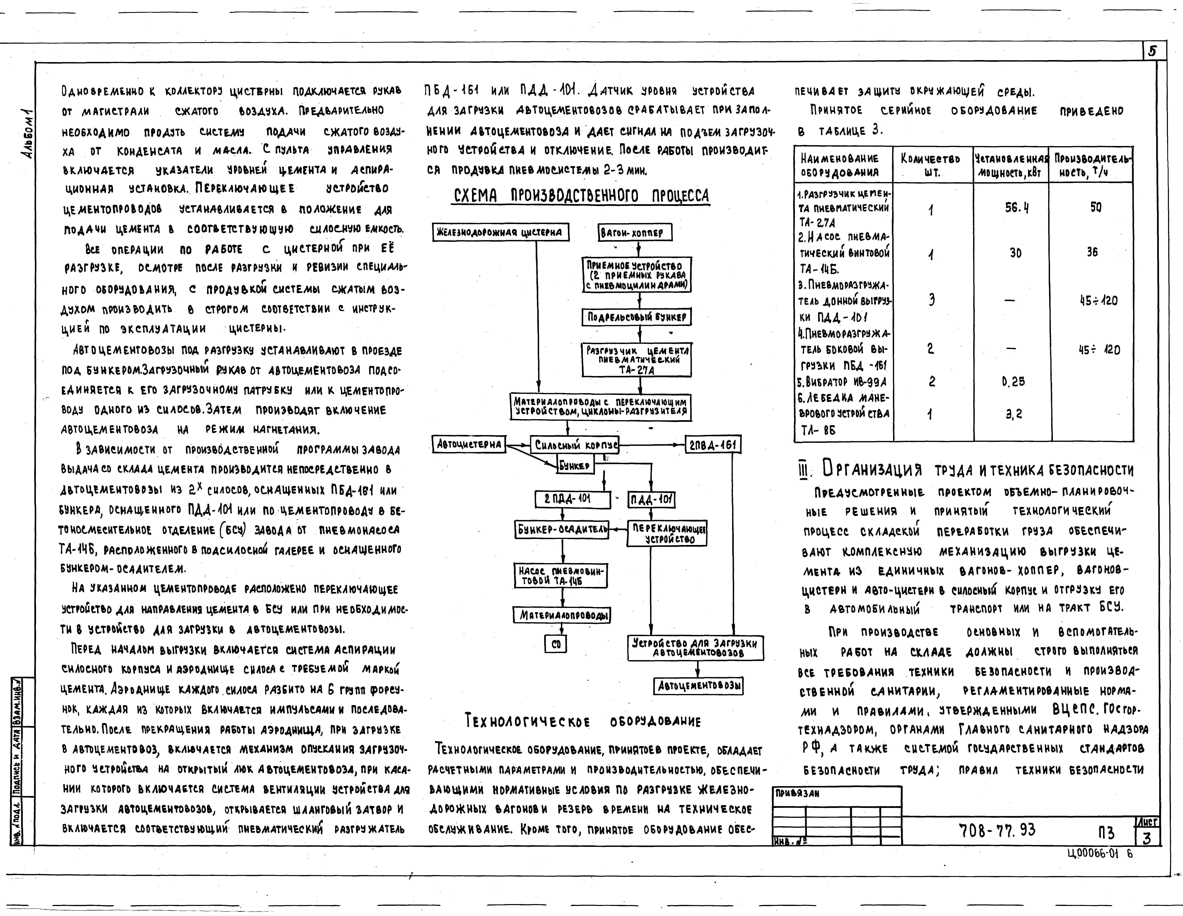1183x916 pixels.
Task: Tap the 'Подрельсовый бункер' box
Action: tap(637, 317)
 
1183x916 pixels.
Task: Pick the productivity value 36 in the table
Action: tap(1092, 252)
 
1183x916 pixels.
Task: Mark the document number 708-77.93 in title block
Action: tap(997, 830)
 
